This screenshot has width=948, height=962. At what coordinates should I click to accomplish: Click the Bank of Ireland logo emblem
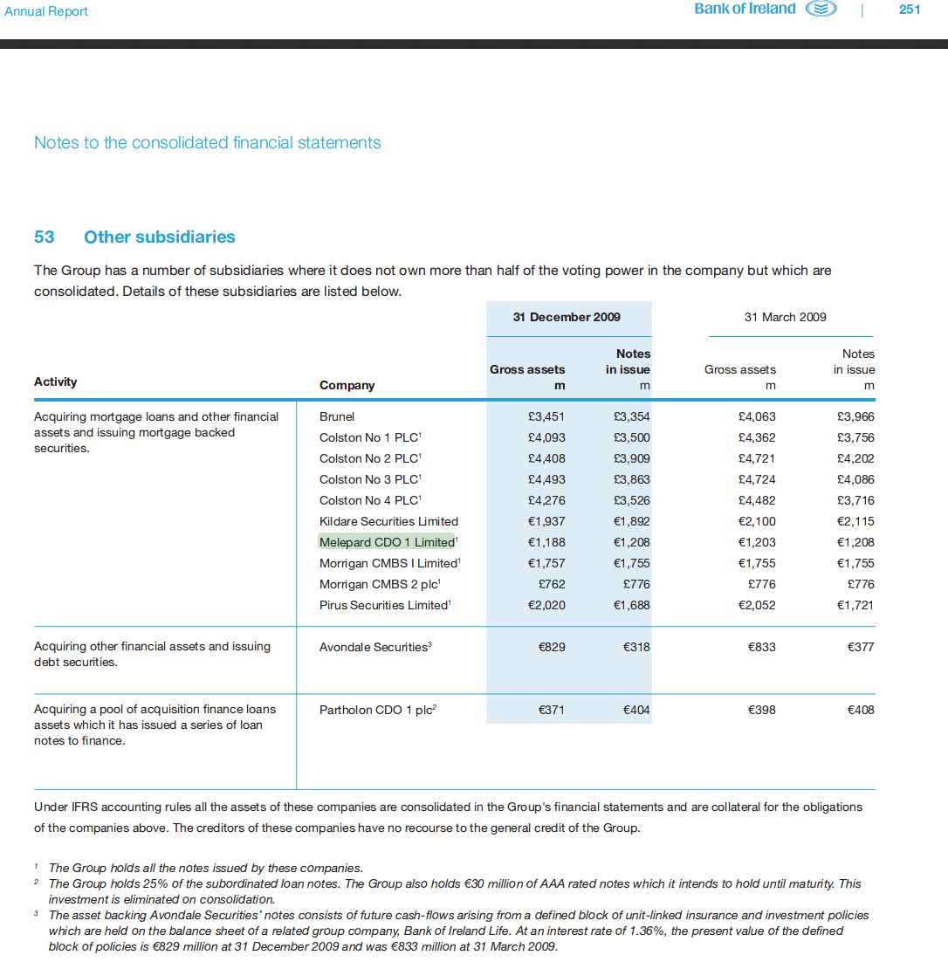click(821, 10)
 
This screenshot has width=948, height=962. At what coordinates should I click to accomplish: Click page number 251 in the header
click(910, 10)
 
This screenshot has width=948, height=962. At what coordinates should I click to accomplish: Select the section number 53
click(44, 237)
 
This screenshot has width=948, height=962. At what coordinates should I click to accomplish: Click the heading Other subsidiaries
click(160, 237)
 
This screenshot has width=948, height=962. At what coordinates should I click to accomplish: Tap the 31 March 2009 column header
click(785, 317)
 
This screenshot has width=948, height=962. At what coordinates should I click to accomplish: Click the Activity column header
click(55, 381)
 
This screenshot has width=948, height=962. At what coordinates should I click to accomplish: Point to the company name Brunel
click(337, 416)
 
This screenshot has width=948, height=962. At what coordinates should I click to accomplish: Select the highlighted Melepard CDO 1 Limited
click(387, 542)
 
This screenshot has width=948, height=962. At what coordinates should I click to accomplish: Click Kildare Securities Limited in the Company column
click(388, 521)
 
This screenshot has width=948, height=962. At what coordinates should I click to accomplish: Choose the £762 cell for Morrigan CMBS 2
click(548, 584)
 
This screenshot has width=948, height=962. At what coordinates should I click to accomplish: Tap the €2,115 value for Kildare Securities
click(855, 521)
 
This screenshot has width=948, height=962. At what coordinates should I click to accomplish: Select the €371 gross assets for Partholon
click(551, 710)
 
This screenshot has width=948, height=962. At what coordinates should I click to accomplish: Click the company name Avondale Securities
click(374, 647)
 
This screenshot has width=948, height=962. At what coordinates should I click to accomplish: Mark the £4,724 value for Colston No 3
click(757, 479)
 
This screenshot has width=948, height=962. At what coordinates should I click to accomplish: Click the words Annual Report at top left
click(46, 11)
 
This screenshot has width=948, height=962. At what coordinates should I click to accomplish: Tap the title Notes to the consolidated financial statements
click(207, 142)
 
